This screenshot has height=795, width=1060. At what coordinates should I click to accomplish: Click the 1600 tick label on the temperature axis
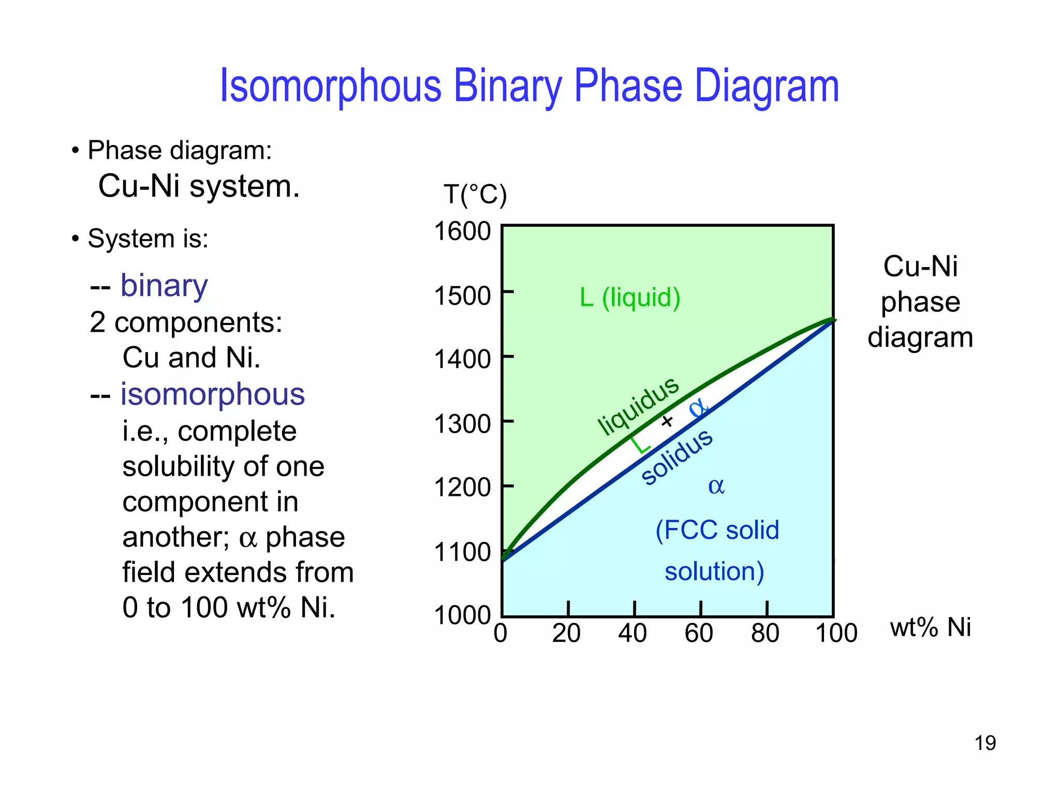coord(462,231)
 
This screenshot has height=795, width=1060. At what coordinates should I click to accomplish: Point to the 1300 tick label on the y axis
coord(462,424)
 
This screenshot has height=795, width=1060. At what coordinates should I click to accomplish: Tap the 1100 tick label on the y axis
coord(462,552)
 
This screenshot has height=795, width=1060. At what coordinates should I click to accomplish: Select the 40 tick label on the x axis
coord(632,634)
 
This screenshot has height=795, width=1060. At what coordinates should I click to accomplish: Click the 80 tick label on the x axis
coord(765,634)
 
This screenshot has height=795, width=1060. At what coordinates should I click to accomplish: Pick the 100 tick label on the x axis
coord(836,634)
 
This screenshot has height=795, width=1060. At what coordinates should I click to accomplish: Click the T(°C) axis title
coord(475,195)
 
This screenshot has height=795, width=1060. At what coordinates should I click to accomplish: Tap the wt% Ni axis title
coord(930,627)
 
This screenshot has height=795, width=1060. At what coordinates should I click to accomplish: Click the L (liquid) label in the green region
coord(630,298)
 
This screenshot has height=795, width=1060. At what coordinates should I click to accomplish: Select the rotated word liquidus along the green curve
coord(638,406)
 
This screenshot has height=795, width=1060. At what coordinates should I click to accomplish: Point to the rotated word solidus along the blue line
coord(677,457)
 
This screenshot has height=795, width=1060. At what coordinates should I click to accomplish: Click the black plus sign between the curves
coord(668,421)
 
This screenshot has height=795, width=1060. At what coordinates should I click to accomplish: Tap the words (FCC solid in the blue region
coord(717,531)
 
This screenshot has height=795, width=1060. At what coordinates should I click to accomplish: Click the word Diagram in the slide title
coord(766,86)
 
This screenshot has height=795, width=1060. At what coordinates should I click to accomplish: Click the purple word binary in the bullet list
coord(164,285)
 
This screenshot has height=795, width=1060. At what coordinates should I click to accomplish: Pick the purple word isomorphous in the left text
coord(213,394)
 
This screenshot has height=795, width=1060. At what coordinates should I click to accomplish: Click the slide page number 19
coord(985,743)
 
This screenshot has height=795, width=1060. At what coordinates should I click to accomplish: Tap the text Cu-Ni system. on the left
coord(199,186)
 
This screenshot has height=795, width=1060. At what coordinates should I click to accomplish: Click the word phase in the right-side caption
coord(920,302)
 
